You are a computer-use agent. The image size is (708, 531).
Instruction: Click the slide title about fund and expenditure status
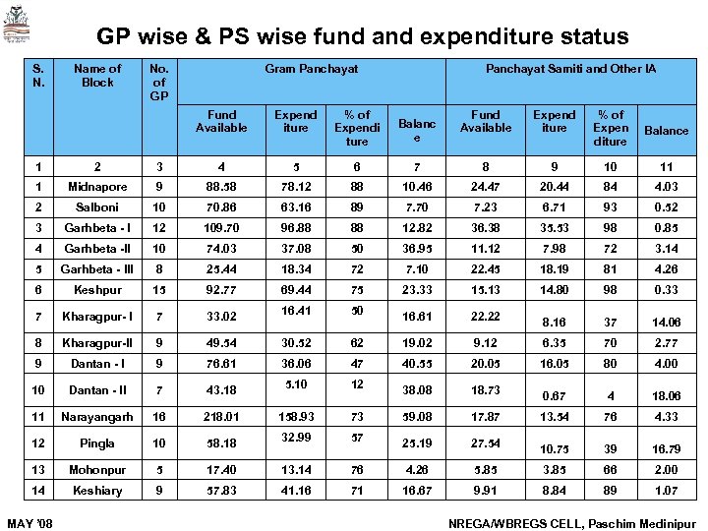coord(362,37)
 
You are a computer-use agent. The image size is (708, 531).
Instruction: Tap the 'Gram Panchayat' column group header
coord(311,69)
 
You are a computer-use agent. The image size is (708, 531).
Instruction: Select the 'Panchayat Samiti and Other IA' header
coord(570,69)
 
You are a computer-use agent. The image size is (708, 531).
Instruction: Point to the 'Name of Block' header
coord(97,76)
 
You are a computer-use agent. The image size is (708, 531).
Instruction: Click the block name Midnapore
coord(97,187)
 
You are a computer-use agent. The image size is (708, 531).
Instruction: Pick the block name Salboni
coord(97,208)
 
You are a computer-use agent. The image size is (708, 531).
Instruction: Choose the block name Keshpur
coord(97,290)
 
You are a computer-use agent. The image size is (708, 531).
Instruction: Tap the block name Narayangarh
coord(97,417)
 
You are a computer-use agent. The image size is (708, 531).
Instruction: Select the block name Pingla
coord(97,443)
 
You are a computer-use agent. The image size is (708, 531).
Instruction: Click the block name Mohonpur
coord(97,470)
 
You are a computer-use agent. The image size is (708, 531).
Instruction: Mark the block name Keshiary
coord(97,491)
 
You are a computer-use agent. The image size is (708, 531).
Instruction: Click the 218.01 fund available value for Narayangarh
coord(221,417)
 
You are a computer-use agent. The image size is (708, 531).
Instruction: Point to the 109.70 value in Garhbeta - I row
coord(221,229)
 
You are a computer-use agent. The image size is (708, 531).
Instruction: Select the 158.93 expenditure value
coord(295,417)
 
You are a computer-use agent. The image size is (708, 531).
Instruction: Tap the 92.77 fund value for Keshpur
coord(221,290)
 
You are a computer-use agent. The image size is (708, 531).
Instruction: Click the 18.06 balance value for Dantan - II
coord(666,395)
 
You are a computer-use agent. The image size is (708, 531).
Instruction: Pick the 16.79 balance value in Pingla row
coord(666,448)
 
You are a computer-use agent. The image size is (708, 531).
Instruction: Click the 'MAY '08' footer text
coord(27,521)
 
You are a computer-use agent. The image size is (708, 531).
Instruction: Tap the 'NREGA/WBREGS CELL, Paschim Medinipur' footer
coord(570,521)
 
